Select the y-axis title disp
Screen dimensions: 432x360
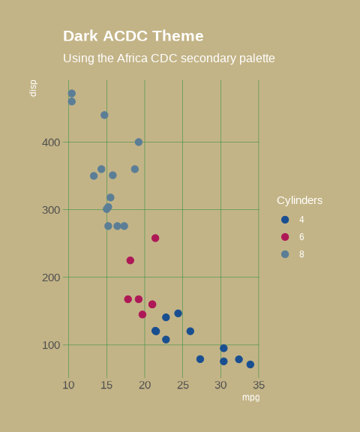click(x=33, y=88)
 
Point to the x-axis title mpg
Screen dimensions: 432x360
click(x=250, y=397)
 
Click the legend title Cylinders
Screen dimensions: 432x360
click(x=299, y=200)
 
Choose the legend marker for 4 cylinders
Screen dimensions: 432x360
click(x=285, y=220)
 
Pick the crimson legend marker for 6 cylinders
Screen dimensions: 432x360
click(x=285, y=237)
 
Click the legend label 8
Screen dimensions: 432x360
click(x=301, y=254)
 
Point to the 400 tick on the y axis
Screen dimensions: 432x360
click(x=51, y=142)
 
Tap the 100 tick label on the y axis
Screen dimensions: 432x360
click(x=51, y=345)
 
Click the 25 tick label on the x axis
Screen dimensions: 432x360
click(x=183, y=385)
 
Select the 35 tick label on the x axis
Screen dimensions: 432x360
click(x=258, y=385)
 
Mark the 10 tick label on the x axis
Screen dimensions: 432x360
click(x=68, y=385)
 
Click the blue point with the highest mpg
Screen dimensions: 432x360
click(x=250, y=364)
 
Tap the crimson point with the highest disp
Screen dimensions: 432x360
click(x=155, y=238)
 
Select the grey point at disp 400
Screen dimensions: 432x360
click(x=139, y=142)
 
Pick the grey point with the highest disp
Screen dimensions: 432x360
click(x=72, y=94)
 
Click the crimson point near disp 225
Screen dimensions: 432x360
click(x=130, y=260)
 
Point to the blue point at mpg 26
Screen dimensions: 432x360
click(x=190, y=331)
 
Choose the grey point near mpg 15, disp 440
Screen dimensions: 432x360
click(x=104, y=115)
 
